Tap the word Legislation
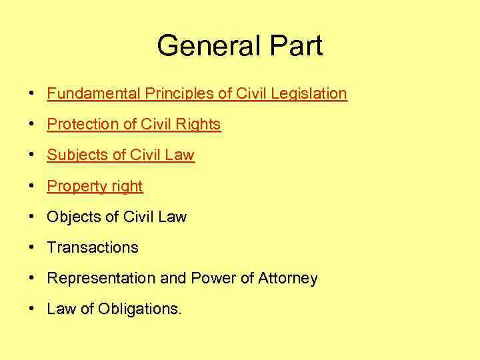(x=307, y=93)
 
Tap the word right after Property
(x=126, y=187)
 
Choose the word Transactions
(x=93, y=247)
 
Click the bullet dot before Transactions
(x=31, y=247)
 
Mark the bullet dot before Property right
(x=31, y=186)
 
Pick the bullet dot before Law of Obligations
(x=31, y=309)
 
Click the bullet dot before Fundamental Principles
(x=31, y=93)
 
